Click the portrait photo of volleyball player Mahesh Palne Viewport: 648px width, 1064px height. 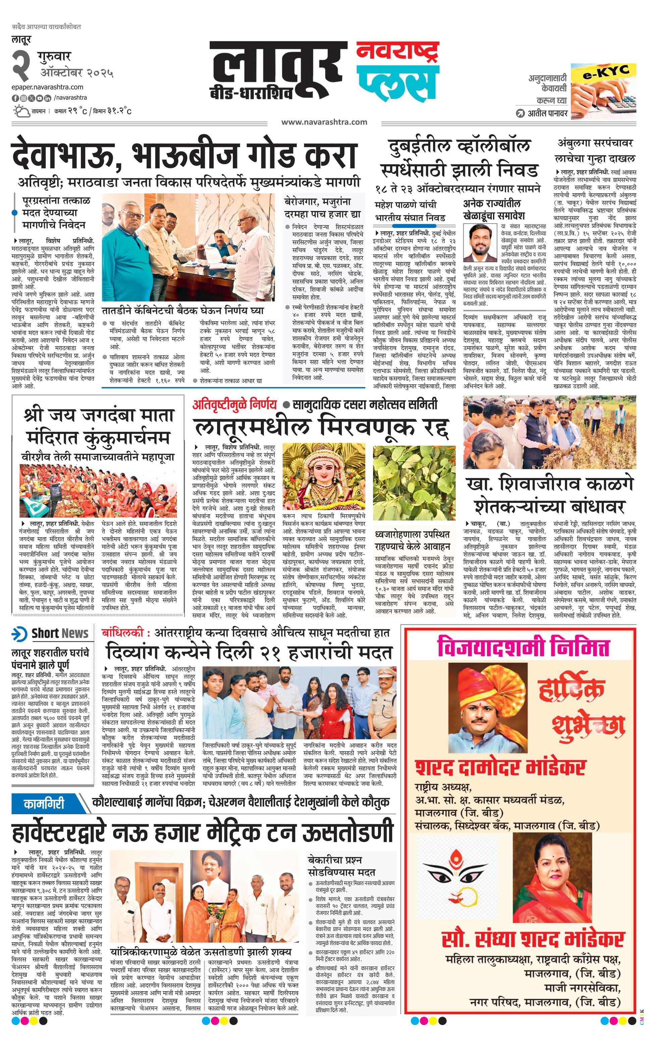[x=481, y=243]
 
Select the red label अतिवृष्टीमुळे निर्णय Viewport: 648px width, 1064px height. [x=234, y=404]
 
